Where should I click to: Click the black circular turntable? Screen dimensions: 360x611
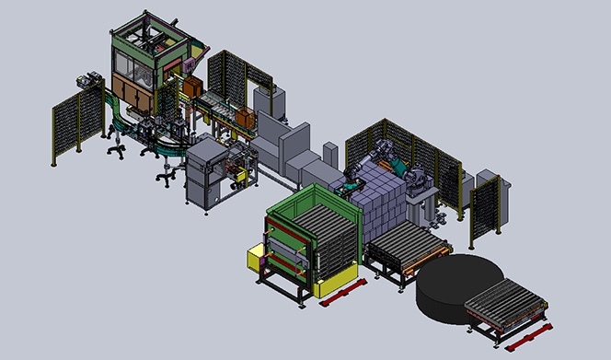click(x=459, y=287)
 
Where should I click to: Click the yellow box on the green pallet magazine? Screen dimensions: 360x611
click(x=253, y=258)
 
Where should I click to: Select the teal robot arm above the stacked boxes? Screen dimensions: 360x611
click(x=396, y=166)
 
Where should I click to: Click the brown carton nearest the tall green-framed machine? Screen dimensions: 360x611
click(x=193, y=87)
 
